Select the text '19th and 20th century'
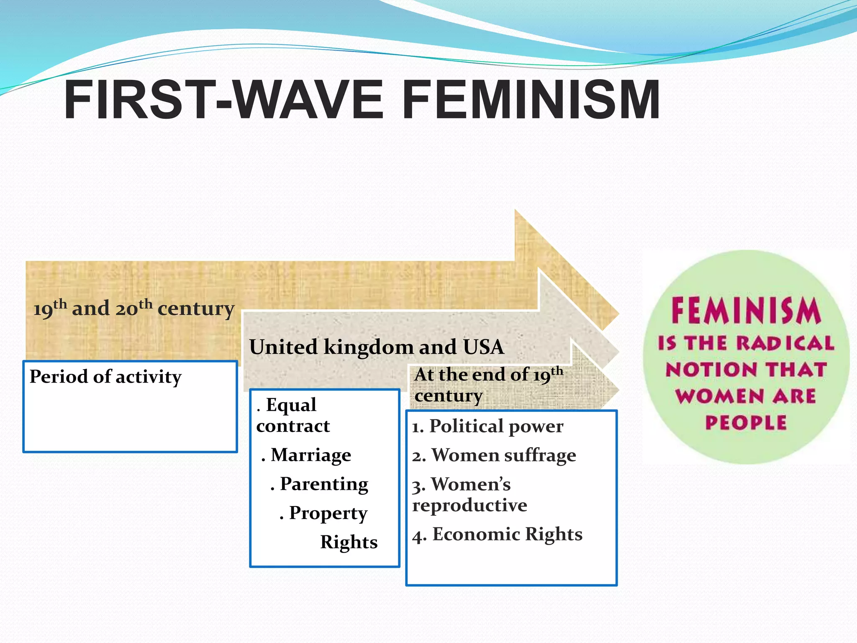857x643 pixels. point(133,308)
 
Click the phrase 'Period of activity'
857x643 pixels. point(105,377)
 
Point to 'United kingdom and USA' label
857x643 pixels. point(377,347)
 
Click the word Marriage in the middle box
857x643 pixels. point(310,455)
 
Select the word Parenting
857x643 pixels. point(324,484)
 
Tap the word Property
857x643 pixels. point(328,513)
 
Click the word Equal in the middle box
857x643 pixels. point(291,405)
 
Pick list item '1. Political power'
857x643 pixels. point(488,426)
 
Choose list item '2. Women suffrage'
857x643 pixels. point(494,455)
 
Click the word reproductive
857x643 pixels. point(470,505)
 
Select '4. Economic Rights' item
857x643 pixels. point(497,535)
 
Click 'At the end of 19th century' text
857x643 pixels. point(488,384)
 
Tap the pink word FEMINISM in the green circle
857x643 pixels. point(746,310)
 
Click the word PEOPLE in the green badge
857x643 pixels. point(746,422)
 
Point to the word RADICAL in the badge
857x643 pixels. point(785,343)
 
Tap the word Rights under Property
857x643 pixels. point(349,542)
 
